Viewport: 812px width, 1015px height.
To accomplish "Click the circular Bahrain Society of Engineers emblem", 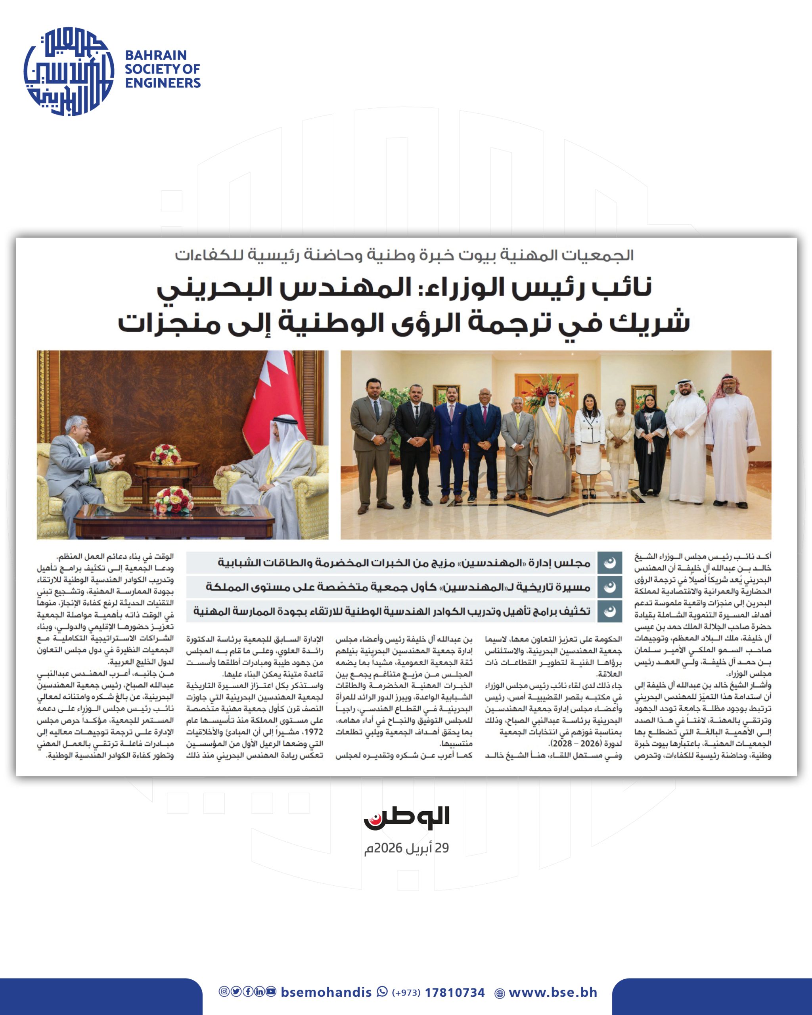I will coord(69,71).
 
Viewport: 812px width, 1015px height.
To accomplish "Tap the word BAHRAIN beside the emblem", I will coord(156,55).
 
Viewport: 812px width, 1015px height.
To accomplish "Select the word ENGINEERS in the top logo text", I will coord(163,83).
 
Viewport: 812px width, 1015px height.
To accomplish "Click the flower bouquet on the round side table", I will coord(165,454).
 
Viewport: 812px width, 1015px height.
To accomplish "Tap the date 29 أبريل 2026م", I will coord(406,848).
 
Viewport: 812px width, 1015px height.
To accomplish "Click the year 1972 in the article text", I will coord(314,732).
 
